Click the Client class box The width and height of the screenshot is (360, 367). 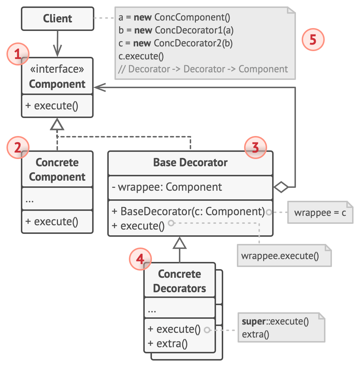(x=57, y=18)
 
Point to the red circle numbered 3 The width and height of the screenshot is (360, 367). (x=255, y=148)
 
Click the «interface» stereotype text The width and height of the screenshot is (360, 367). (x=57, y=69)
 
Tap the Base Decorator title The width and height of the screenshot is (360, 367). (x=190, y=163)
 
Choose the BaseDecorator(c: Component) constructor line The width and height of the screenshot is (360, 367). (x=188, y=211)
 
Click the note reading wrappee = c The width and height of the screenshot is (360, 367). (x=320, y=212)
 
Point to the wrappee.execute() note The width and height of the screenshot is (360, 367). (x=280, y=256)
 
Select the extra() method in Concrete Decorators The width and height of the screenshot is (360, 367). (x=167, y=344)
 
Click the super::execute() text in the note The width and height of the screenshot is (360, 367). (x=275, y=321)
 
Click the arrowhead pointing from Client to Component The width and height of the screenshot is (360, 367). (x=57, y=49)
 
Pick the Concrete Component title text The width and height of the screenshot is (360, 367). (x=57, y=169)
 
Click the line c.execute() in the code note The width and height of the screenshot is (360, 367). (x=141, y=56)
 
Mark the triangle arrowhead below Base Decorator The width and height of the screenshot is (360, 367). (x=179, y=244)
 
